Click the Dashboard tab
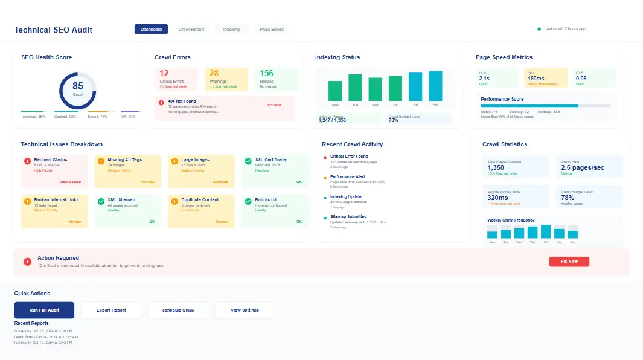click(x=151, y=29)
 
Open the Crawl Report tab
click(x=191, y=29)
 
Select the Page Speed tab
click(x=271, y=29)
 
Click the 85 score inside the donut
click(x=78, y=86)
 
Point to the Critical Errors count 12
click(x=164, y=73)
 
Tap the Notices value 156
click(x=266, y=73)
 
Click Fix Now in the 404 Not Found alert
click(x=274, y=105)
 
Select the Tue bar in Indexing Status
click(x=355, y=87)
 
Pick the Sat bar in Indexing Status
click(x=435, y=86)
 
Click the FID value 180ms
click(x=536, y=78)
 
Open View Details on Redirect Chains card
click(x=69, y=182)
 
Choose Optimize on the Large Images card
click(x=220, y=182)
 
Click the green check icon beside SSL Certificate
click(x=248, y=161)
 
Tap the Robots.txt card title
click(x=266, y=199)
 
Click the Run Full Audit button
click(x=44, y=310)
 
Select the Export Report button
click(x=111, y=310)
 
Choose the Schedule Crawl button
click(x=178, y=310)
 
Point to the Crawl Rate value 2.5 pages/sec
click(x=583, y=167)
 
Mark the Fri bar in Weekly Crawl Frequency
click(x=546, y=231)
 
